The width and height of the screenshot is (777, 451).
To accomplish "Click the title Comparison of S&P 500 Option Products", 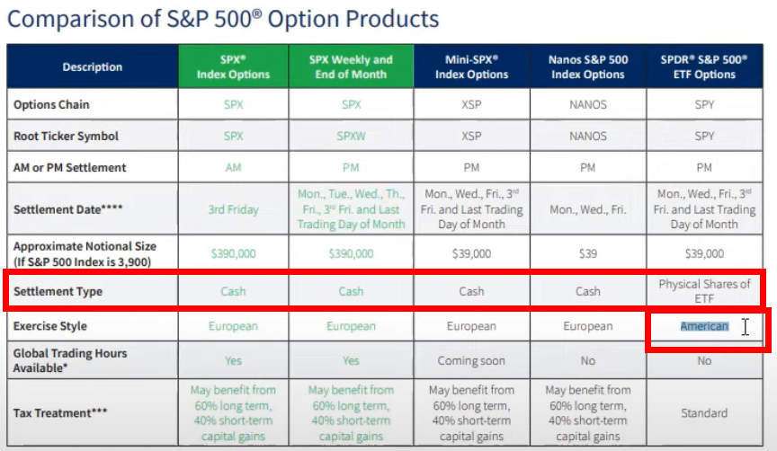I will tap(223, 19).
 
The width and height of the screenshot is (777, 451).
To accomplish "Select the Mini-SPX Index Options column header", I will tap(471, 66).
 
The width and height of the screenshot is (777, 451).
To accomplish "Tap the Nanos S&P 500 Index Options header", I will tap(587, 66).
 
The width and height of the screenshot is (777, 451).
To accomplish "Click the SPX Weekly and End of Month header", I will tap(350, 66).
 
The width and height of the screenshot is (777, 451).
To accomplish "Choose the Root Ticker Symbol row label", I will tap(66, 137).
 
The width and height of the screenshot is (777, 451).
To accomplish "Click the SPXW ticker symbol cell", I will tap(350, 137).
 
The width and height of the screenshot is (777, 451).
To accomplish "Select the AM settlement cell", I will tap(234, 168).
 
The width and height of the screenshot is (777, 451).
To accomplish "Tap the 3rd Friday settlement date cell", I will tap(234, 209).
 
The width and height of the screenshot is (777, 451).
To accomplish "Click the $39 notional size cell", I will tap(587, 253).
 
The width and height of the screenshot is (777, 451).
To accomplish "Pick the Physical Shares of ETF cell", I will tap(704, 291).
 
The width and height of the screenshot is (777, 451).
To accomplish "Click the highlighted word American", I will tap(704, 326).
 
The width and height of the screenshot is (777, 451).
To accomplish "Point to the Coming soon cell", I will tap(471, 360).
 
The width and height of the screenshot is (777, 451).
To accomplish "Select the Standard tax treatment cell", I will tap(704, 413).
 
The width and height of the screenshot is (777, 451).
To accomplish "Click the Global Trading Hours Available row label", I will tap(69, 360).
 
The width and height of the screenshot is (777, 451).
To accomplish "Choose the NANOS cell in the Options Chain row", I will tap(587, 104).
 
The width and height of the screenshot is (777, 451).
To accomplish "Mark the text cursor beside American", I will tap(745, 327).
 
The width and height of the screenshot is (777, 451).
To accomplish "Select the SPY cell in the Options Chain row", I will tap(704, 104).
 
